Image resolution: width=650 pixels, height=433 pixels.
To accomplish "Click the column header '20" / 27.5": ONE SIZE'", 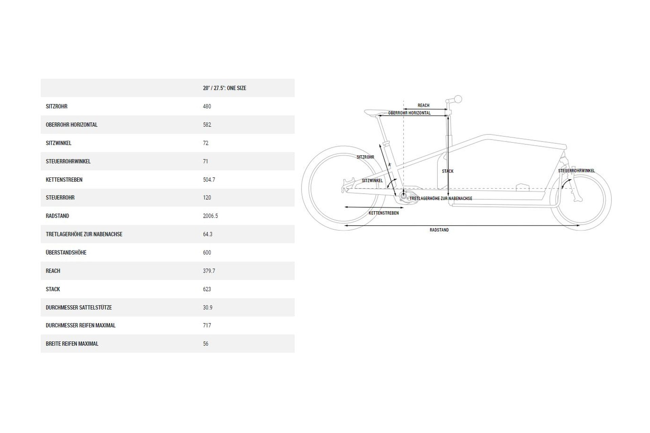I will (x=224, y=88).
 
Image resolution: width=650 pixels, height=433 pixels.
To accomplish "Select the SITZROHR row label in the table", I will (x=57, y=107).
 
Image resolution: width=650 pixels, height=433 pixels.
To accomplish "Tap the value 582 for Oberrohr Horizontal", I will (x=207, y=125).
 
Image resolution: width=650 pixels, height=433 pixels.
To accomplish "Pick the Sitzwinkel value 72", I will (x=205, y=143).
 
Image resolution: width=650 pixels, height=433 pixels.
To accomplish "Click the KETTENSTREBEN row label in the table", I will (x=64, y=180).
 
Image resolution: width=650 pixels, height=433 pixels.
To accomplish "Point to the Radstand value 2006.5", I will (x=210, y=216).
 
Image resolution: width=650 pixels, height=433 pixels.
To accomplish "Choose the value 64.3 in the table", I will (x=208, y=234).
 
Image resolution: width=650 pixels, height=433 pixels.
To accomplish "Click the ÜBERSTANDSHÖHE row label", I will (x=66, y=253).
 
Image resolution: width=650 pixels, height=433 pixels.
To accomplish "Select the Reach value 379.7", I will (x=209, y=271).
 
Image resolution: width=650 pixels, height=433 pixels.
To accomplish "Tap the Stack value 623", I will (x=207, y=289).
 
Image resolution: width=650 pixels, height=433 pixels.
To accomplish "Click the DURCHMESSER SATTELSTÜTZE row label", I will (x=79, y=307).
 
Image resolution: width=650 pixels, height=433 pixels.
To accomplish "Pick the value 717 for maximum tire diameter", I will (x=207, y=325).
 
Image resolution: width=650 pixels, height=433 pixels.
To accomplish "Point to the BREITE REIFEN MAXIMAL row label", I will (x=72, y=344).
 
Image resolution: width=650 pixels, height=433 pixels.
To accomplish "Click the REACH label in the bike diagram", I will (x=423, y=106).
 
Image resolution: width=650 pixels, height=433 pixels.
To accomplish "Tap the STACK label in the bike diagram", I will (x=448, y=171).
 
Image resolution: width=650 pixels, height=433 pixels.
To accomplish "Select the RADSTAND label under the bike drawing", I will (x=439, y=230).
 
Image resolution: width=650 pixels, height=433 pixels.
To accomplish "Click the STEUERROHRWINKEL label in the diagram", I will (x=576, y=171).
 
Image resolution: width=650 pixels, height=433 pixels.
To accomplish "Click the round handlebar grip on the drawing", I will (x=458, y=99).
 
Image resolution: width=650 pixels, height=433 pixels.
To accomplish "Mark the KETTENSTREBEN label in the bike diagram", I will (x=384, y=213).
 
